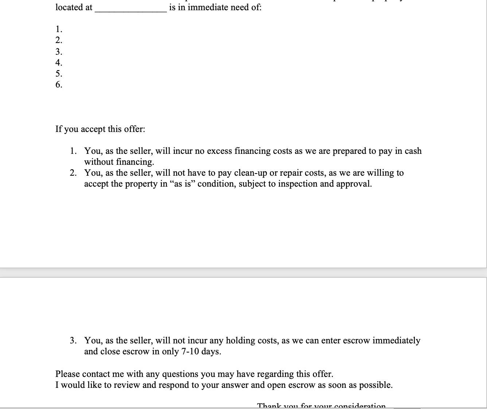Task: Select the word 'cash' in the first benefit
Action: click(413, 151)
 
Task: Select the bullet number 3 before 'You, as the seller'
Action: click(73, 340)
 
